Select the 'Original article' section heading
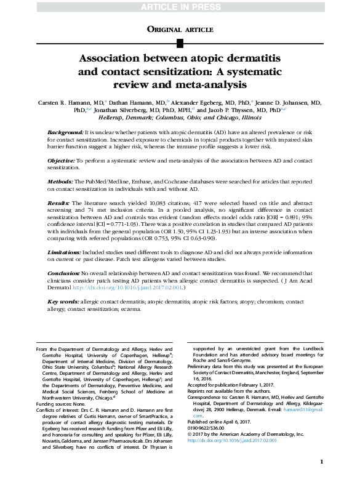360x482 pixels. [x=180, y=28]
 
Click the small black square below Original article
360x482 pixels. [x=180, y=42]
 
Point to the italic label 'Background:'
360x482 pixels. [x=66, y=133]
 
